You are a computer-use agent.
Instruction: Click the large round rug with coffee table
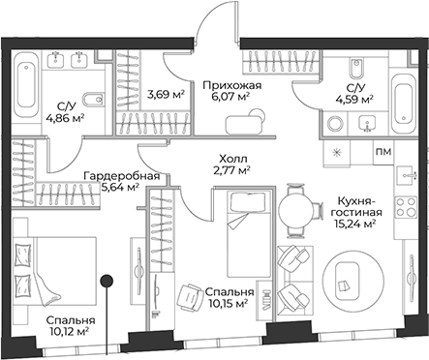tap(346, 281)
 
